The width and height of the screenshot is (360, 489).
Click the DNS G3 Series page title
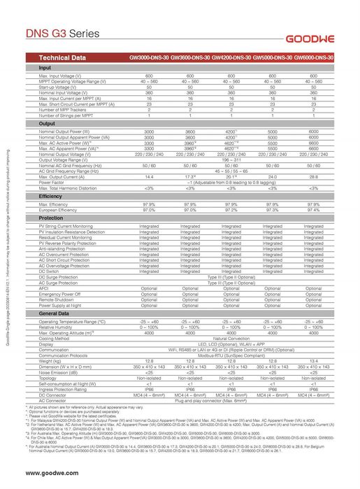pos(63,33)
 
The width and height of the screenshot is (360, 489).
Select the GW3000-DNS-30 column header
pos(149,57)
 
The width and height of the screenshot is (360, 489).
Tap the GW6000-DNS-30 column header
pos(313,57)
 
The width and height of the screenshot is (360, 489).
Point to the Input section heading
pos(45,67)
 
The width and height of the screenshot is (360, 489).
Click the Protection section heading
pos(51,218)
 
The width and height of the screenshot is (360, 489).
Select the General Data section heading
pos(54,314)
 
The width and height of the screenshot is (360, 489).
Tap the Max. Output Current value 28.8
pos(313,178)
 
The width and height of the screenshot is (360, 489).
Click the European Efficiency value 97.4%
pos(313,210)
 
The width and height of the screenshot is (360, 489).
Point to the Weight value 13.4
pos(313,361)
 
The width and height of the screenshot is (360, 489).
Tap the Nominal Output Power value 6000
pos(313,132)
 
